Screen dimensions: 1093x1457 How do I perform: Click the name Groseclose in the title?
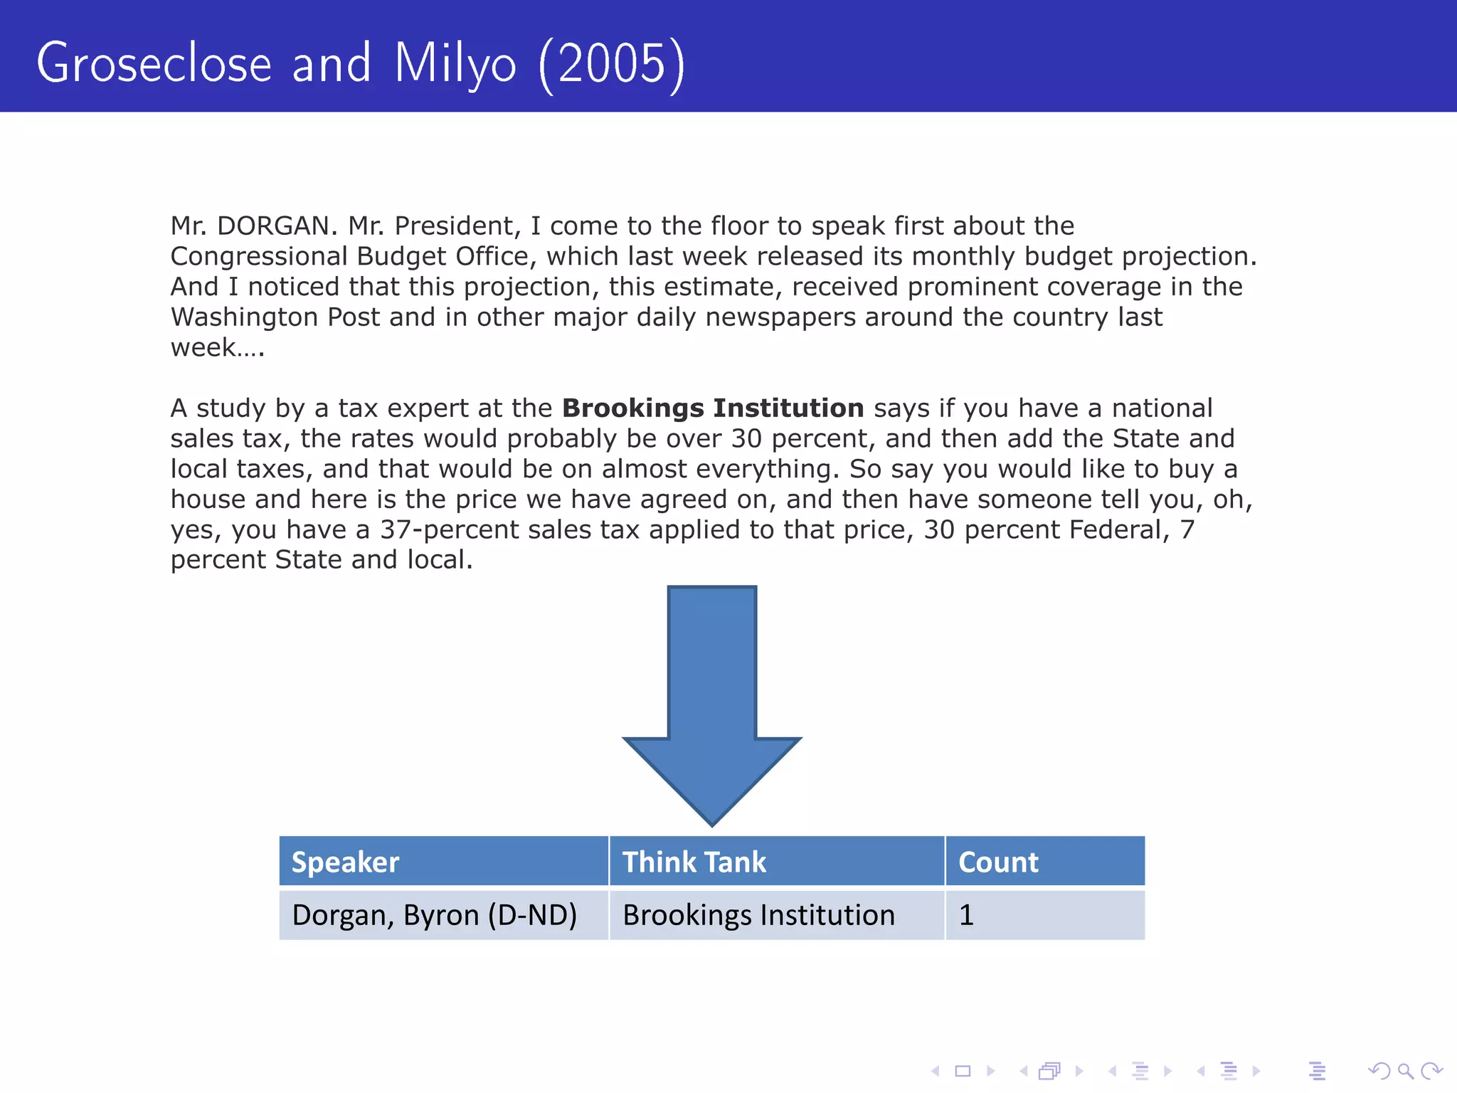pos(154,64)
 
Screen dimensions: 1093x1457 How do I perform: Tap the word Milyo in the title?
pos(455,64)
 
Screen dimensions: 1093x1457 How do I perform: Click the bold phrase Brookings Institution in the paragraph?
pos(713,408)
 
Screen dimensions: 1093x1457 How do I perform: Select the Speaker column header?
pos(346,862)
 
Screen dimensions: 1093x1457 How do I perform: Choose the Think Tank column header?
pos(694,862)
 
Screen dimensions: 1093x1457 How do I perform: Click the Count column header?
pos(998,862)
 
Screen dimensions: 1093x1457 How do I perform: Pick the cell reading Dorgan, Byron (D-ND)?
pos(435,915)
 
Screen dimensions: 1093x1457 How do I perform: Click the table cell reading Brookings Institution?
pos(758,915)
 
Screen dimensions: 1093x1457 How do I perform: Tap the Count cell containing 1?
pos(966,915)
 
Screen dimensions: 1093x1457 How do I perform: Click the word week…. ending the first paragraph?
pos(217,348)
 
